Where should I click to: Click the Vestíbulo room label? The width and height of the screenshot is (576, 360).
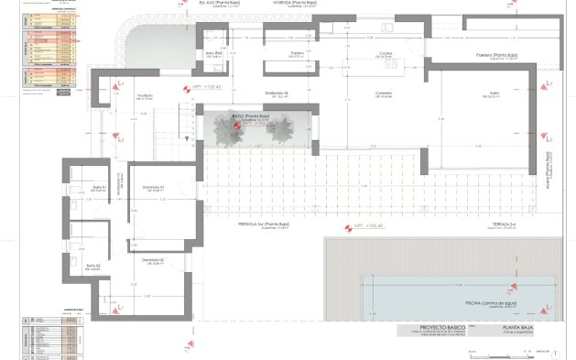[x=145, y=95]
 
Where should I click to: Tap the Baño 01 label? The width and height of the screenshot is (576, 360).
[x=100, y=189]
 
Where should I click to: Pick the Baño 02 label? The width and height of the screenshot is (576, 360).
[x=92, y=266]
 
